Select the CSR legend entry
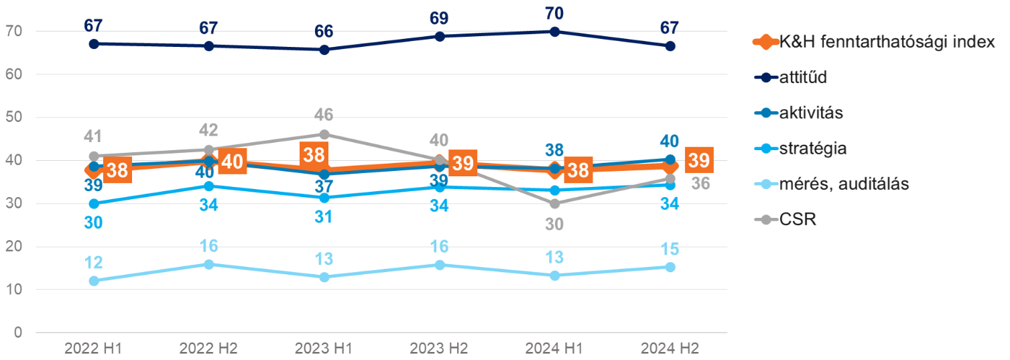coord(798,219)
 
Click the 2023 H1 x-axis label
coord(324,349)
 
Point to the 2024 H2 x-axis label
coord(670,349)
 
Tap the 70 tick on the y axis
coord(14,32)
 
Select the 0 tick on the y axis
coord(18,333)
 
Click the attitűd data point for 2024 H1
coord(555,32)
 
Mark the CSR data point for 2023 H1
coord(324,134)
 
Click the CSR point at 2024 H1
coord(555,204)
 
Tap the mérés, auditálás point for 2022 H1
coord(94,281)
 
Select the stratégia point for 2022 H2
coord(209,186)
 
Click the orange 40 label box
coord(233,162)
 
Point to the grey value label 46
coord(324,115)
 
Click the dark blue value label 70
coord(555,13)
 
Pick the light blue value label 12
coord(94,262)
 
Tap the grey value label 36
coord(700,182)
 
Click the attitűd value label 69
coord(440,18)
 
